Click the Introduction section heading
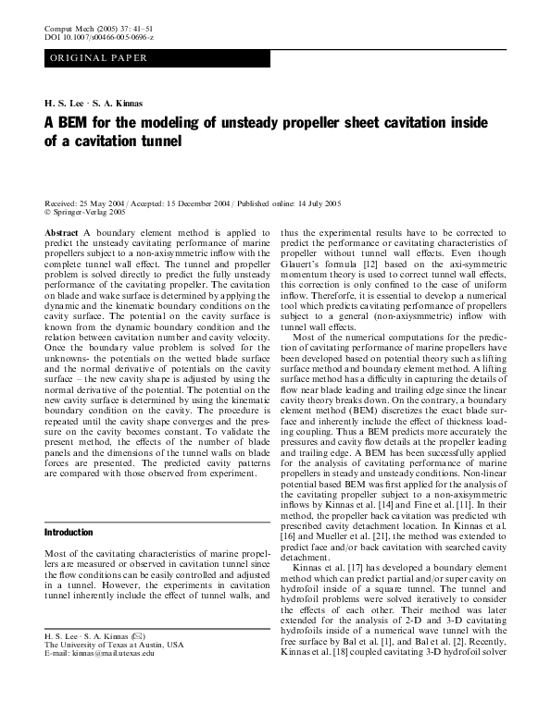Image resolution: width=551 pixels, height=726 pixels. pos(69,533)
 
